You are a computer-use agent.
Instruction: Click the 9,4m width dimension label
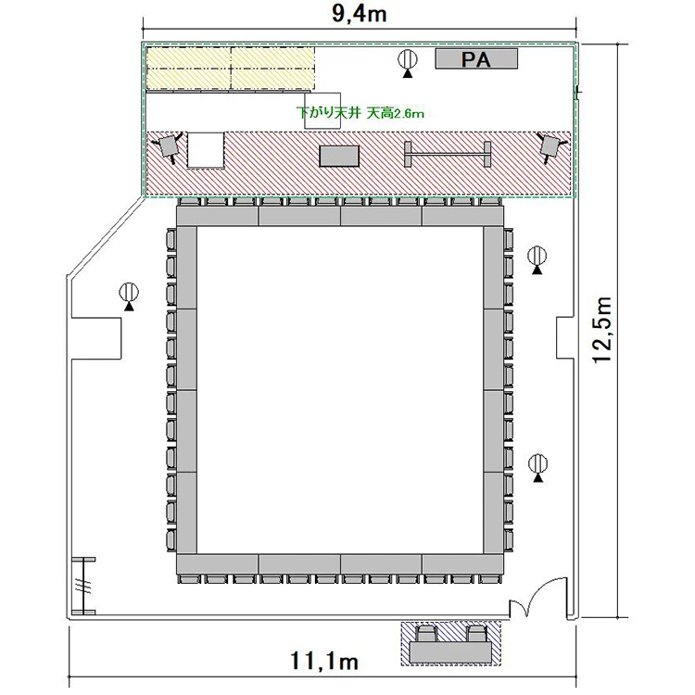click(x=359, y=14)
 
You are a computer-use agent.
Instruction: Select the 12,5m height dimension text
click(x=603, y=330)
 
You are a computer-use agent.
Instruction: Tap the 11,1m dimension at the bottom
click(x=324, y=662)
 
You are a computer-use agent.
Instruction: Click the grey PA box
click(x=476, y=59)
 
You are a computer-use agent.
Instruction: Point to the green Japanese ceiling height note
click(x=360, y=113)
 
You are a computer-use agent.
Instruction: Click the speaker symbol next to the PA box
click(x=408, y=63)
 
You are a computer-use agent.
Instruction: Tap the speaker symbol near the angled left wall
click(x=129, y=297)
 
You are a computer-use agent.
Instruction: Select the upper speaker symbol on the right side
click(x=537, y=260)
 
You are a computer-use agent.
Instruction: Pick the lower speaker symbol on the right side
click(x=538, y=468)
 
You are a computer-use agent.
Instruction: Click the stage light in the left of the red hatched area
click(x=167, y=146)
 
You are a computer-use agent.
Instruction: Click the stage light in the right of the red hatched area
click(x=550, y=146)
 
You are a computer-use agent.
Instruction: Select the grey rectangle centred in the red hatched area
click(x=339, y=156)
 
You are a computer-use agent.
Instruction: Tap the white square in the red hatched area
click(x=205, y=150)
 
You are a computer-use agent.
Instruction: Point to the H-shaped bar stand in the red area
click(x=448, y=154)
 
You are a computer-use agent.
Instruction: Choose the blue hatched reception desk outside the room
click(x=450, y=643)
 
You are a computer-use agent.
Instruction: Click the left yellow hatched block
click(x=189, y=68)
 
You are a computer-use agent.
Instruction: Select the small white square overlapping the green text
click(x=322, y=110)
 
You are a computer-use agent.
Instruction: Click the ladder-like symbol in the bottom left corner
click(x=83, y=586)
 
